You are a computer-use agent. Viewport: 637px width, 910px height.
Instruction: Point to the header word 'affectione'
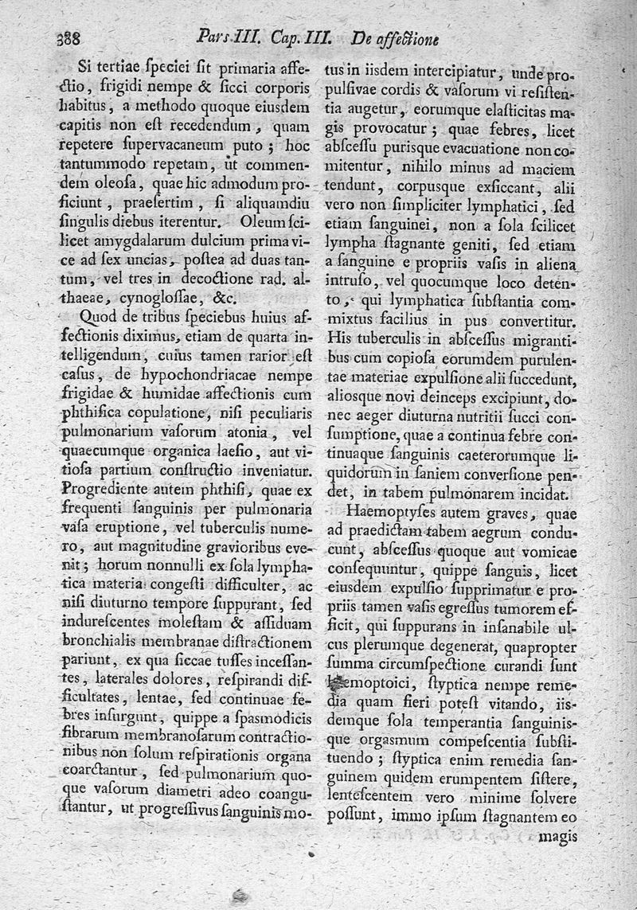point(408,38)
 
